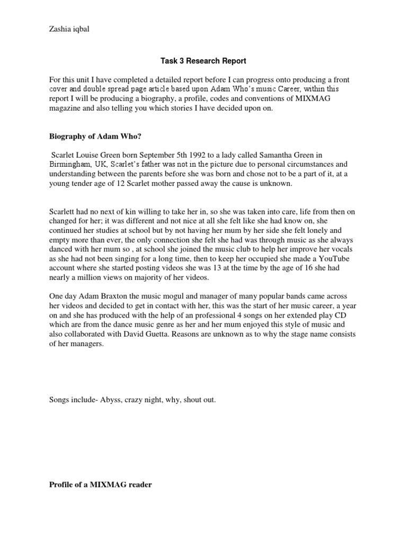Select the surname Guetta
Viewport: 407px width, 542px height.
[x=170, y=335]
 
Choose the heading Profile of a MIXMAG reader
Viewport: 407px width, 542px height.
[x=100, y=484]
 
